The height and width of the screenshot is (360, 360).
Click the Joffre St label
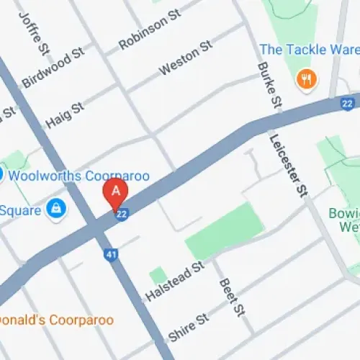(35, 32)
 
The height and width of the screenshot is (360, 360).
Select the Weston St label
(186, 58)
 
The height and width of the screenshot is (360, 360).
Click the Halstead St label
(175, 282)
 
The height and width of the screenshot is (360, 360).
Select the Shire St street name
(189, 328)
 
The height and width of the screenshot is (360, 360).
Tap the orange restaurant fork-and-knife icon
(307, 79)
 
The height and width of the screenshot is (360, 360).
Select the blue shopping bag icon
(55, 209)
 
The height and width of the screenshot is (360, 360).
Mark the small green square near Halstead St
(157, 275)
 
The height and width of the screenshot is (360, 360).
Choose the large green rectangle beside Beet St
(222, 231)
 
